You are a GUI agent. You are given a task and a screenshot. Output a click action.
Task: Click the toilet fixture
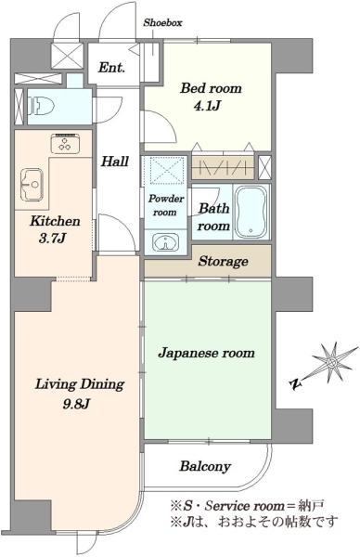pyautogui.click(x=42, y=106)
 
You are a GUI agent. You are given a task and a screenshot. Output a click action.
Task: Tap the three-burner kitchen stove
pyautogui.click(x=65, y=143)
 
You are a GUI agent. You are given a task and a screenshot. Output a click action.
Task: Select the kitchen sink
pyautogui.click(x=32, y=183)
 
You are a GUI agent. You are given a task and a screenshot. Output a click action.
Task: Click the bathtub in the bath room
pyautogui.click(x=251, y=212)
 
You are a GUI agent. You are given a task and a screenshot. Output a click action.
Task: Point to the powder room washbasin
pyautogui.click(x=165, y=242)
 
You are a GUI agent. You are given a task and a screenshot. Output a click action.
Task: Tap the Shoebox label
pyautogui.click(x=162, y=23)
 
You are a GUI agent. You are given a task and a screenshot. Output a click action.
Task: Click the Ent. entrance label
pyautogui.click(x=111, y=68)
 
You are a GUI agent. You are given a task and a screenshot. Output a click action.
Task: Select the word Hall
pyautogui.click(x=114, y=162)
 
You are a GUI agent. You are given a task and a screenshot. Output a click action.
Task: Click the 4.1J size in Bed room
pyautogui.click(x=207, y=106)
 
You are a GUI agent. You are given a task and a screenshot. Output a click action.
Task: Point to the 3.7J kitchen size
pyautogui.click(x=52, y=239)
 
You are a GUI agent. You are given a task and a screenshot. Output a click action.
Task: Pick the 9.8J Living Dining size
pyautogui.click(x=76, y=404)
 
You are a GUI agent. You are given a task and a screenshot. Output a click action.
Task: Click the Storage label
pyautogui.click(x=223, y=262)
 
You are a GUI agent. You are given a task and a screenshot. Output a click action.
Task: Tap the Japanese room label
pyautogui.click(x=206, y=353)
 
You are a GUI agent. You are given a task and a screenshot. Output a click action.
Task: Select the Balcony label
pyautogui.click(x=205, y=466)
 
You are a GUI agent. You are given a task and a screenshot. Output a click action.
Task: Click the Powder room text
pyautogui.click(x=165, y=205)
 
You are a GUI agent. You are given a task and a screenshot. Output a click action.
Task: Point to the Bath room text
pyautogui.click(x=213, y=217)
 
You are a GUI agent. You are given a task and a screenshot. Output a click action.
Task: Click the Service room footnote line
pyautogui.click(x=248, y=505)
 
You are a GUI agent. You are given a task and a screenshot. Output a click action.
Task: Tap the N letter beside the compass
pyautogui.click(x=295, y=383)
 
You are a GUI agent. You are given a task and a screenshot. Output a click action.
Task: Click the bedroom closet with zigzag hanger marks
pyautogui.click(x=224, y=167)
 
